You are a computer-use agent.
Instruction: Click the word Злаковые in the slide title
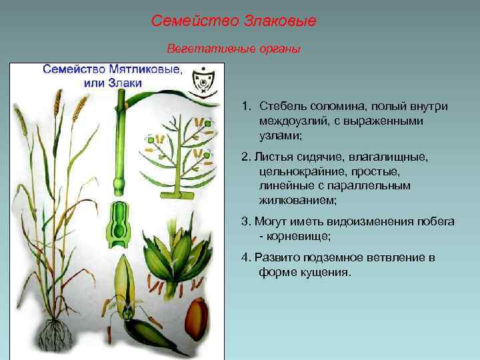280,21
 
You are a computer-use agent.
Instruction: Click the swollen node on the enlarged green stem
120,181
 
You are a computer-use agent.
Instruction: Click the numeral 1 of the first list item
245,107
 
